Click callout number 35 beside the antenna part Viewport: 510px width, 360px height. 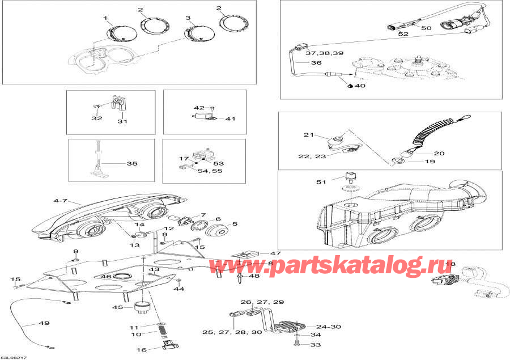(x=131, y=164)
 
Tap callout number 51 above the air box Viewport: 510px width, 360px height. (x=321, y=182)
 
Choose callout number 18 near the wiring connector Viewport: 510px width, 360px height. (x=450, y=265)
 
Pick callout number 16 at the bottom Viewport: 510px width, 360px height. (x=142, y=350)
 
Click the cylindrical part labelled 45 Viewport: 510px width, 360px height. (x=141, y=306)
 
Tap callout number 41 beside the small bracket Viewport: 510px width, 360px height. (x=229, y=119)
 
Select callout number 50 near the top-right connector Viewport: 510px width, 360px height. (x=426, y=28)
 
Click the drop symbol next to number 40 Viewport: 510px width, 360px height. (x=350, y=85)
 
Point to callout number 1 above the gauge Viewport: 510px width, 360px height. (x=105, y=19)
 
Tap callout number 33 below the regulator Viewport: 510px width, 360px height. (x=316, y=345)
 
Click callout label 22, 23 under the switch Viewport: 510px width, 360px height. (x=313, y=156)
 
